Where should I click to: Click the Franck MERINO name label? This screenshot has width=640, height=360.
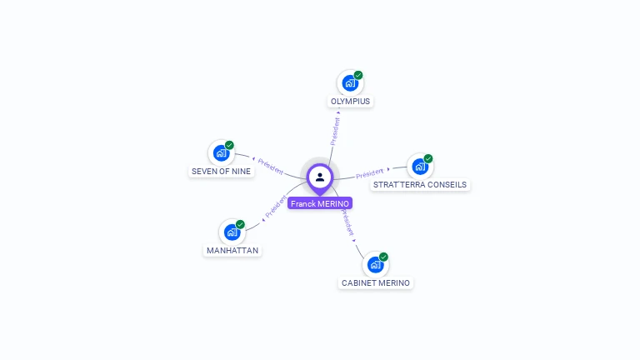pyautogui.click(x=320, y=203)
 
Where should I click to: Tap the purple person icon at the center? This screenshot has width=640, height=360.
pyautogui.click(x=320, y=177)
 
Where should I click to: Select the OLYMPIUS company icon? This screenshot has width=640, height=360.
pyautogui.click(x=350, y=83)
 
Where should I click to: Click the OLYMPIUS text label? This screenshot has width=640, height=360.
pyautogui.click(x=350, y=102)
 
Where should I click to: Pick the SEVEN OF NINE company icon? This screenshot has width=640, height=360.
pyautogui.click(x=221, y=153)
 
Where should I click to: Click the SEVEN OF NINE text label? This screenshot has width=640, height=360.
pyautogui.click(x=221, y=172)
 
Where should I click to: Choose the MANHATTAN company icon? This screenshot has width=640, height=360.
pyautogui.click(x=232, y=232)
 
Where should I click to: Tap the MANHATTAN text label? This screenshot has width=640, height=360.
pyautogui.click(x=232, y=251)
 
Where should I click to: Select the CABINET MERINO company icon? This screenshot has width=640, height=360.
pyautogui.click(x=375, y=265)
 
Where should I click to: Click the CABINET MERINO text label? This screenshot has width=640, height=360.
pyautogui.click(x=376, y=283)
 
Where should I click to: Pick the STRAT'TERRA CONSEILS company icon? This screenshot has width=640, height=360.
pyautogui.click(x=420, y=167)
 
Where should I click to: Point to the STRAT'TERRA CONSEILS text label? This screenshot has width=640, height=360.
pyautogui.click(x=420, y=185)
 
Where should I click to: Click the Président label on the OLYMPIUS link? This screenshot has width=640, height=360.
pyautogui.click(x=335, y=131)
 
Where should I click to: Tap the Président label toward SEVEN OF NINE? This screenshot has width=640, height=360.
pyautogui.click(x=271, y=165)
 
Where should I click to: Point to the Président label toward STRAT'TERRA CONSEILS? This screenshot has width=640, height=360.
pyautogui.click(x=369, y=173)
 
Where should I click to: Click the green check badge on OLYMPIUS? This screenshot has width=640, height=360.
pyautogui.click(x=358, y=76)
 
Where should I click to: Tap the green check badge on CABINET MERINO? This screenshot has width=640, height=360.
pyautogui.click(x=383, y=257)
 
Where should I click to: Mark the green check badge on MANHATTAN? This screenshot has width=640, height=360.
pyautogui.click(x=240, y=224)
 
